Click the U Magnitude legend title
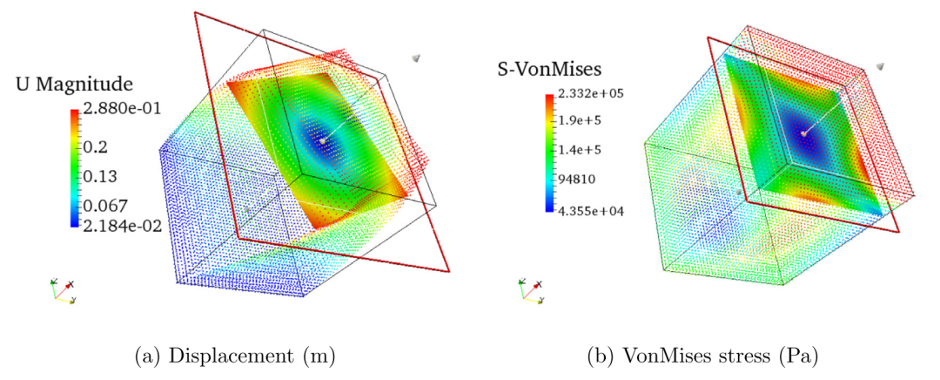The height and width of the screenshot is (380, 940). click(74, 85)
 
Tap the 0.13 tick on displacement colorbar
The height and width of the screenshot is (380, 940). click(101, 177)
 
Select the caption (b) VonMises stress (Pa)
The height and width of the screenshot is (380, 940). click(703, 356)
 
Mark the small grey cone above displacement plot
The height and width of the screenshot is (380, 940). click(418, 58)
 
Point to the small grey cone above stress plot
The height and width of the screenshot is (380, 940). click(881, 65)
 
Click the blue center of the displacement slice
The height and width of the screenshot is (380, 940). click(320, 139)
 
